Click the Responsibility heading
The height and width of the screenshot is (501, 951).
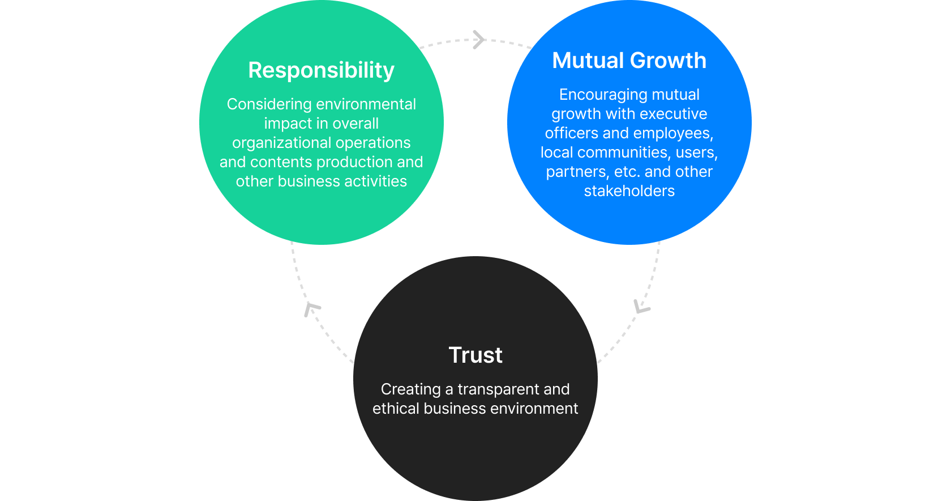(321, 71)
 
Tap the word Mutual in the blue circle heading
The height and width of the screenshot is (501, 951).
(588, 61)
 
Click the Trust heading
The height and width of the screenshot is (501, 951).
(475, 355)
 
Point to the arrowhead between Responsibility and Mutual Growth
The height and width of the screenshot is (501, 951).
(479, 40)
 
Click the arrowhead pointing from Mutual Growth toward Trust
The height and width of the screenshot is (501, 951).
(641, 307)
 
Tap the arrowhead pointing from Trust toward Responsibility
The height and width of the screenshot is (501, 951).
(311, 308)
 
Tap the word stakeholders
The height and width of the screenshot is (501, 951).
(629, 191)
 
